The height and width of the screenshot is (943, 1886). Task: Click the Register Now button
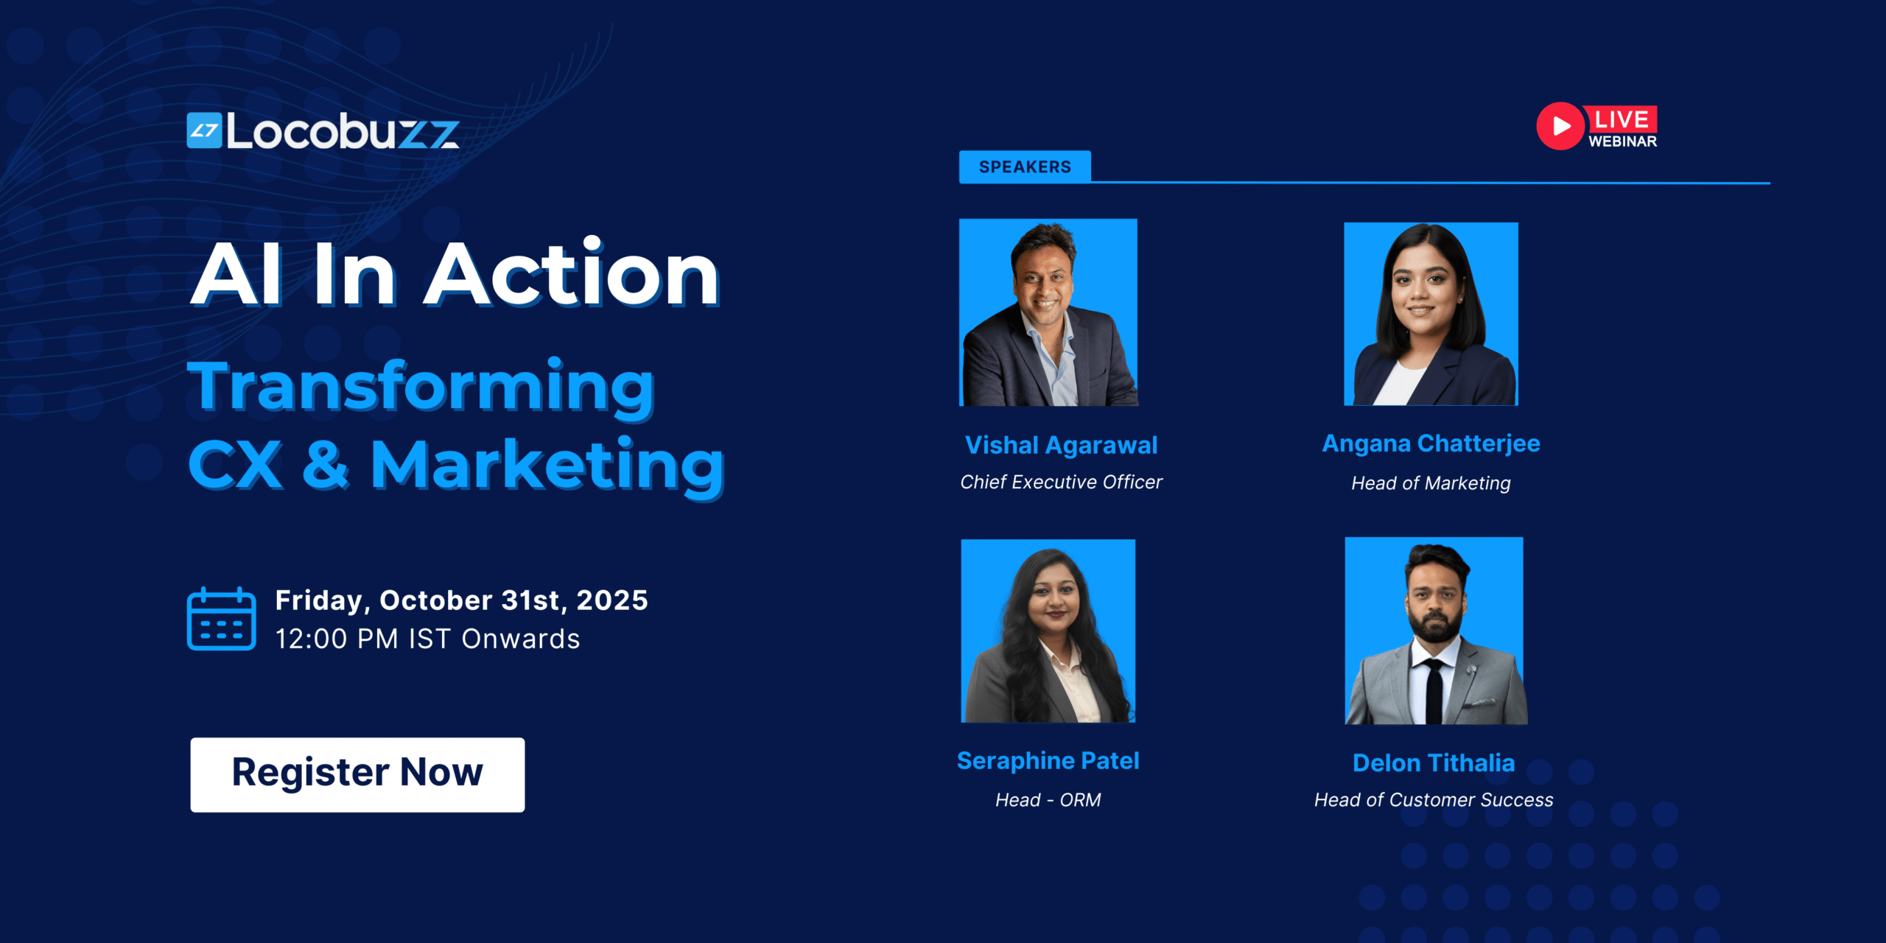coord(357,774)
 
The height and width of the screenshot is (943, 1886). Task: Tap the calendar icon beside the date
coord(221,619)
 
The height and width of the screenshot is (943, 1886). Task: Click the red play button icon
coord(1560,126)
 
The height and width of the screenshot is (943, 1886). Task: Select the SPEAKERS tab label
coord(1025,167)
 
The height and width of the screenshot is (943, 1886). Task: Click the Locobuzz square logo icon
coord(204,130)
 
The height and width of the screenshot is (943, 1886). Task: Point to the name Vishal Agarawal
coord(1061,445)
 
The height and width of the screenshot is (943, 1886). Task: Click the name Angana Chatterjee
coord(1431,444)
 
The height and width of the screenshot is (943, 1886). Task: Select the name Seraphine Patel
coord(1048,760)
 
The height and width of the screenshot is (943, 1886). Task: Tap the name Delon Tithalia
coord(1434,763)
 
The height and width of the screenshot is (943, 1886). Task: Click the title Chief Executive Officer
coord(1061,482)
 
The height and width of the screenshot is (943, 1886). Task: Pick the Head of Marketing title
coord(1431,483)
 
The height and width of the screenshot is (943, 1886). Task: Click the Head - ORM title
coord(1048,800)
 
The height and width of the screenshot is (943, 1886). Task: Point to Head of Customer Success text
coord(1434,800)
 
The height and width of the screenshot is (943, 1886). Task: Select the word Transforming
coord(421,387)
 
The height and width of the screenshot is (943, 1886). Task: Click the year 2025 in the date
coord(611,600)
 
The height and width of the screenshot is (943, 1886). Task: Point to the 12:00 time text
coord(311,639)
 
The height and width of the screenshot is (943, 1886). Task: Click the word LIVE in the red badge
coord(1622,119)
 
